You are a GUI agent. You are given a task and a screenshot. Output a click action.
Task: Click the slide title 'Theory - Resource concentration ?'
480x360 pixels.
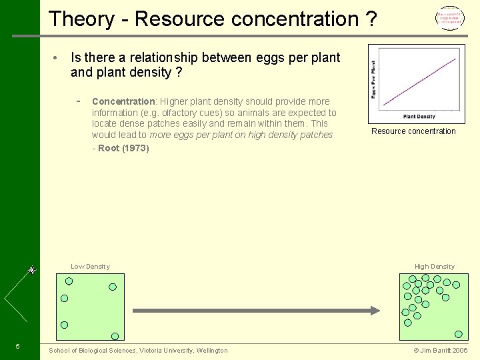pyautogui.click(x=213, y=19)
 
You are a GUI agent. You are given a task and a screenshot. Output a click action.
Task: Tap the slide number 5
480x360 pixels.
pyautogui.click(x=17, y=346)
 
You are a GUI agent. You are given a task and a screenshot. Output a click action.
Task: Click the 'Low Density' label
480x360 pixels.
pyautogui.click(x=90, y=267)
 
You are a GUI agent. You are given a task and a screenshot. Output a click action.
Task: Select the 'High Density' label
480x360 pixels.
pyautogui.click(x=434, y=267)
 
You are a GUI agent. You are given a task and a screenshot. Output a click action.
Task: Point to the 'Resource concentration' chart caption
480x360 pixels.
pyautogui.click(x=413, y=131)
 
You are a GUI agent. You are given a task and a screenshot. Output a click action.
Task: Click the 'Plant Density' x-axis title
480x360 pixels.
pyautogui.click(x=419, y=117)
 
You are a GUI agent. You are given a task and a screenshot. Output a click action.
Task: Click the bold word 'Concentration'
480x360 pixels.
pyautogui.click(x=123, y=101)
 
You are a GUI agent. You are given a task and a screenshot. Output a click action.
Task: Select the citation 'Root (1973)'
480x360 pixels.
pyautogui.click(x=123, y=148)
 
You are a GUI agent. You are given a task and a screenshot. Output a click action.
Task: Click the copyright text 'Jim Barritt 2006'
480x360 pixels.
pyautogui.click(x=441, y=350)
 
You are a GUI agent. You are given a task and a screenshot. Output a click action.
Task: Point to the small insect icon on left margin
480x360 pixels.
pyautogui.click(x=31, y=271)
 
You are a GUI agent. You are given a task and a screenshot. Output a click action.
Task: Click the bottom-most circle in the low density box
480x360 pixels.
pyautogui.click(x=115, y=336)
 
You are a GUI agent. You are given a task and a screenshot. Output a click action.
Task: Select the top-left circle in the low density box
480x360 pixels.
pyautogui.click(x=69, y=281)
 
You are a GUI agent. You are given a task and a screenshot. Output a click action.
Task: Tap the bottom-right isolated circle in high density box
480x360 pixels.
pyautogui.click(x=458, y=334)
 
